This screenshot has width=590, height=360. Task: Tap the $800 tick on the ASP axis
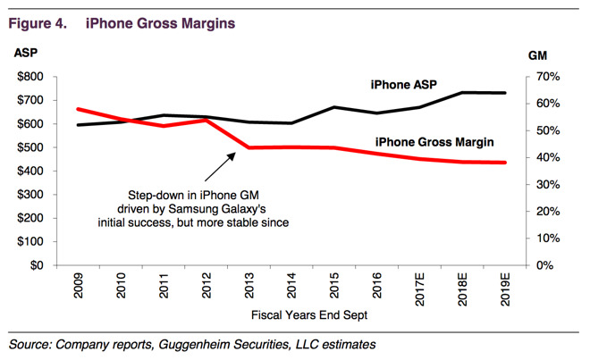(36, 77)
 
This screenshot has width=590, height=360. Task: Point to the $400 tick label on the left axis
(36, 171)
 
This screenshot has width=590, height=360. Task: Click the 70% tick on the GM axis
(547, 77)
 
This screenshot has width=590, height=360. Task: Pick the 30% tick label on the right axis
(547, 185)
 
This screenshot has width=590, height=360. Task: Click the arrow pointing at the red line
(220, 166)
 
